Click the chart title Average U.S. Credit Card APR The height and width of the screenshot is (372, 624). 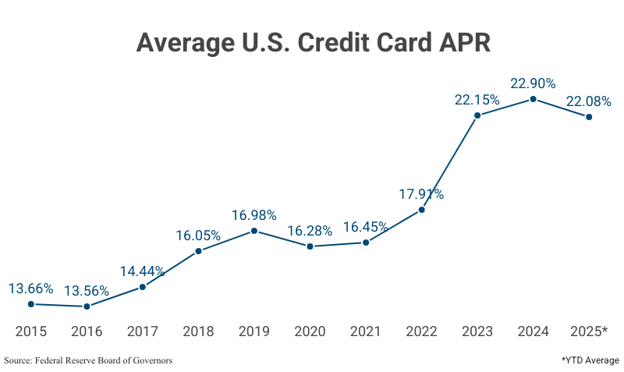pyautogui.click(x=313, y=42)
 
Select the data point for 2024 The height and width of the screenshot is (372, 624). pyautogui.click(x=533, y=99)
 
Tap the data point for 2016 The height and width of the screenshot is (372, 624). pyautogui.click(x=87, y=306)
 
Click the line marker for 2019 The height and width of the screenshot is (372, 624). pyautogui.click(x=254, y=231)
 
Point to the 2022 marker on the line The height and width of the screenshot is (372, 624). pyautogui.click(x=422, y=209)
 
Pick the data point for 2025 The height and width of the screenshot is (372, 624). pyautogui.click(x=589, y=117)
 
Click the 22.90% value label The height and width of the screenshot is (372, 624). pyautogui.click(x=533, y=83)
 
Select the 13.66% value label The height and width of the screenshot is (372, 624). pyautogui.click(x=31, y=289)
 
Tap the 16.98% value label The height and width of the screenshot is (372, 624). pyautogui.click(x=254, y=214)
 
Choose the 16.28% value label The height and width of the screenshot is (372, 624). pyautogui.click(x=310, y=231)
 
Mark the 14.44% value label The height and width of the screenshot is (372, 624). pyautogui.click(x=142, y=271)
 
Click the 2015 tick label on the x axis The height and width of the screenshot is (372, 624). pyautogui.click(x=31, y=331)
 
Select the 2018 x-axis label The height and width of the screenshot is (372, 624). pyautogui.click(x=198, y=331)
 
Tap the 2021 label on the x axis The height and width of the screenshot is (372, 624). pyautogui.click(x=366, y=331)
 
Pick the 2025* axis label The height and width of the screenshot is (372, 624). pyautogui.click(x=589, y=331)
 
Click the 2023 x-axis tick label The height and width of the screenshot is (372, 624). pyautogui.click(x=477, y=331)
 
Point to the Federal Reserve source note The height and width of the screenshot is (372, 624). pyautogui.click(x=88, y=360)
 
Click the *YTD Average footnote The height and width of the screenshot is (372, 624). pyautogui.click(x=590, y=360)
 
